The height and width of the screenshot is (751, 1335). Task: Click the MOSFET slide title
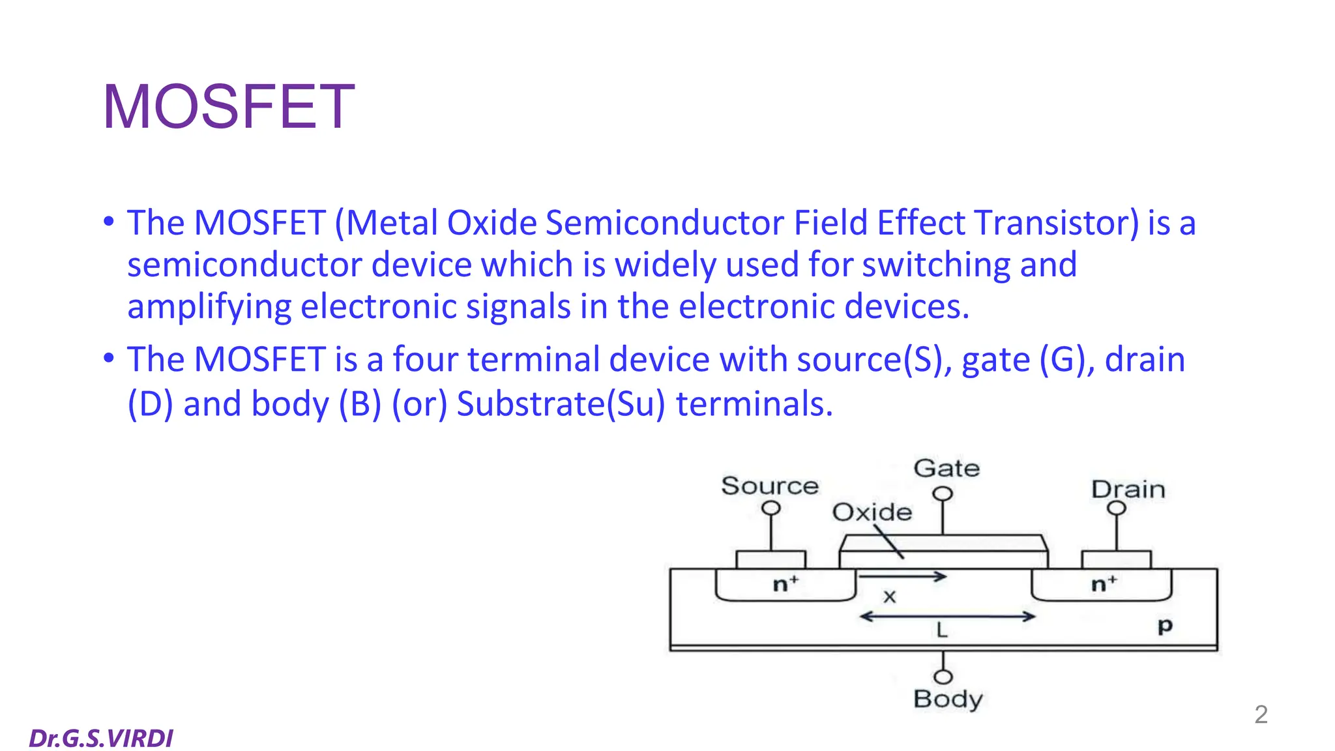(228, 107)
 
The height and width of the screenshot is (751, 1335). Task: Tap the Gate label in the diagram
(946, 468)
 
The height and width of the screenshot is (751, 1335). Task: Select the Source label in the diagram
(769, 486)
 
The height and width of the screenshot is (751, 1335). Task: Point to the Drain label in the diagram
(1128, 489)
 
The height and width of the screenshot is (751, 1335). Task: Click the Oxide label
(872, 512)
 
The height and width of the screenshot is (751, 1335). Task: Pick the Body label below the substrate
(948, 699)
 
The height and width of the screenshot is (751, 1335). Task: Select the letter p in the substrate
(1165, 626)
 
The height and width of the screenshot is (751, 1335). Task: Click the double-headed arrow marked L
(947, 616)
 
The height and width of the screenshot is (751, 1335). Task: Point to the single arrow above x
(902, 576)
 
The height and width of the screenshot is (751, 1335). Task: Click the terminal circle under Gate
(943, 494)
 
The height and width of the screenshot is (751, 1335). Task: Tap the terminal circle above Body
(943, 677)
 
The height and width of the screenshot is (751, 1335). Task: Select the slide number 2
(1261, 714)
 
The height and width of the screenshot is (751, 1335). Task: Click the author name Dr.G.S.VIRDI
(101, 738)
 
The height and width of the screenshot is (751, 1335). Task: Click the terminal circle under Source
(771, 508)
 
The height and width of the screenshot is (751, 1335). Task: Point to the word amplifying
(209, 306)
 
